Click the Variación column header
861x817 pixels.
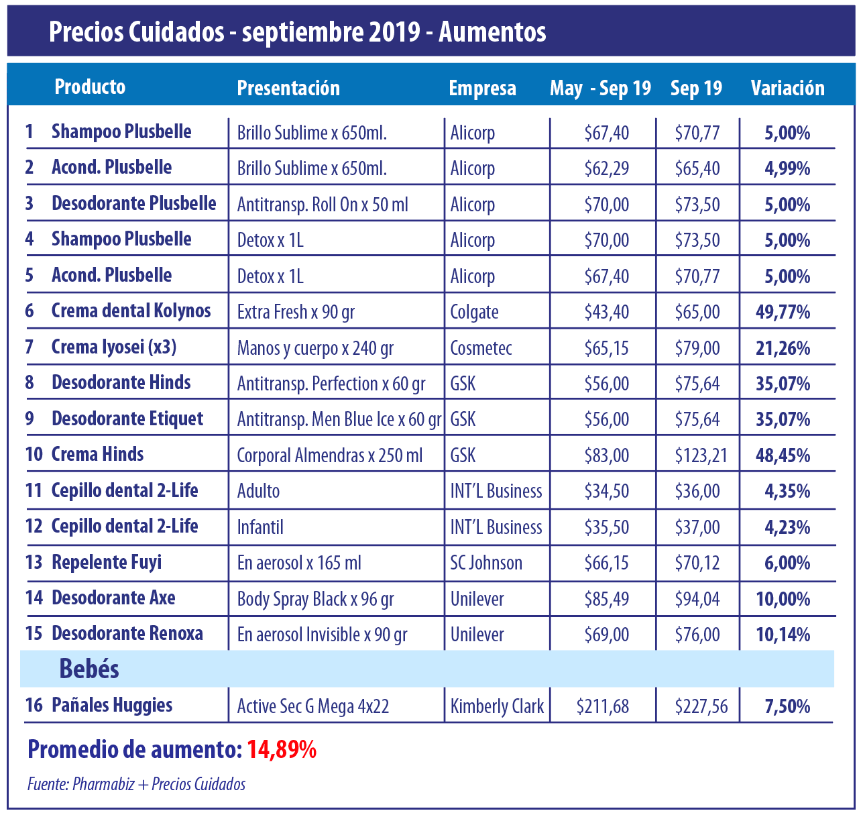pos(787,88)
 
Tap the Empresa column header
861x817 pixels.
pos(482,88)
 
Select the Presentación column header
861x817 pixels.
pos(288,88)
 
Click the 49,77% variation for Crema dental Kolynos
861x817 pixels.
pos(783,312)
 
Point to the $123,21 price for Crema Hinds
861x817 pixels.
pos(701,455)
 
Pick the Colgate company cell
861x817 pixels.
pos(474,312)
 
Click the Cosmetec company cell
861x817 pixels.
pos(481,348)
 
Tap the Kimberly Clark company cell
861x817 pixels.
pos(497,706)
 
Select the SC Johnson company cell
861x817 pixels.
pos(486,563)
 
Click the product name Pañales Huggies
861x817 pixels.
pos(112,705)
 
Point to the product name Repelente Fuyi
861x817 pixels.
pos(107,562)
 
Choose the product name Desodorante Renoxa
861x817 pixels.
pos(127,634)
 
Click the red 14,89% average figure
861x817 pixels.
pos(282,750)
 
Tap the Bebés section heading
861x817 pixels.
pos(89,669)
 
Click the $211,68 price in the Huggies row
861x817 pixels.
pos(603,706)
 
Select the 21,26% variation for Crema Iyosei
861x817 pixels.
pos(783,348)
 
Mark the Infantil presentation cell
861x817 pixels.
pos(260,527)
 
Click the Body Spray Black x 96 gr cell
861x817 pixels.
pos(315,599)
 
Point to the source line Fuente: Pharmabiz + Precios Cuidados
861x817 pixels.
pos(136,784)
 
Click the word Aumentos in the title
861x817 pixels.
pos(492,32)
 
